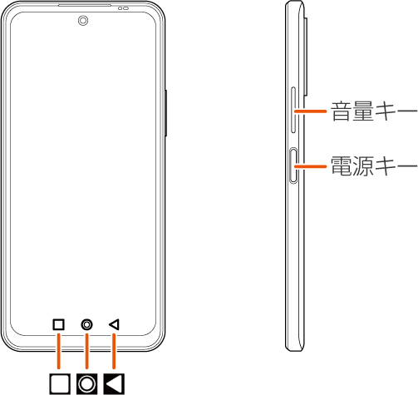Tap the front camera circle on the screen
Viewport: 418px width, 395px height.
click(83, 21)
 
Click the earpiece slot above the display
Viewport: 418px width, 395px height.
click(85, 5)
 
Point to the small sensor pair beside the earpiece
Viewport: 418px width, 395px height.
click(123, 8)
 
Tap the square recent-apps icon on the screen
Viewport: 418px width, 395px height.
click(58, 324)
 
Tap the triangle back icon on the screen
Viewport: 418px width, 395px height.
click(114, 324)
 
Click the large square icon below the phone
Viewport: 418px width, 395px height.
click(60, 384)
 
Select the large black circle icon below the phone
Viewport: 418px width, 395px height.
click(87, 384)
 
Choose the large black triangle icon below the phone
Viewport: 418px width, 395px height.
click(114, 384)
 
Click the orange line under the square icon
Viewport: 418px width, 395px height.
click(58, 351)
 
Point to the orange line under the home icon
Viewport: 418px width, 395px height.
click(87, 351)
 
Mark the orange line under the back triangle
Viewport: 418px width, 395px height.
click(114, 351)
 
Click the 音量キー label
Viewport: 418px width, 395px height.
click(374, 111)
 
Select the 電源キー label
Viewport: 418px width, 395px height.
click(374, 165)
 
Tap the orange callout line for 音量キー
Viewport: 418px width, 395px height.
click(310, 111)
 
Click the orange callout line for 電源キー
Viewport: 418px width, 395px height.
click(310, 166)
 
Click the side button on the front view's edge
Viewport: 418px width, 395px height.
click(165, 113)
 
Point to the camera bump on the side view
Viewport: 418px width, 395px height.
click(306, 57)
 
